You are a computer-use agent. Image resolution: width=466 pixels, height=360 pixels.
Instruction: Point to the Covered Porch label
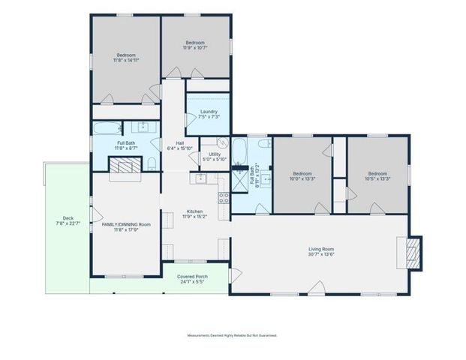pos(192,278)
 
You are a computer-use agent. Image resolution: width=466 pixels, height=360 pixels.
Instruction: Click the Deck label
pos(67,221)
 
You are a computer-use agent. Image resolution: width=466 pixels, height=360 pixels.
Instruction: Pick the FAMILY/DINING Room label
pos(126,226)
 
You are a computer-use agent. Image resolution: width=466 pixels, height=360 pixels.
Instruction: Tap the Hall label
pos(180,145)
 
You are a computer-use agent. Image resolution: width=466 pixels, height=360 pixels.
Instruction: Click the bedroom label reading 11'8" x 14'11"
pos(126,57)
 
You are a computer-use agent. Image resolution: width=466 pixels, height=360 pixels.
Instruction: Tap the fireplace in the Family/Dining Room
pos(125,173)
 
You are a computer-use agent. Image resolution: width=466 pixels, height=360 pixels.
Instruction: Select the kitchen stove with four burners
pos(224,198)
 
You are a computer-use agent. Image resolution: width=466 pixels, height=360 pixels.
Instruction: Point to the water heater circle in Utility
pos(222,142)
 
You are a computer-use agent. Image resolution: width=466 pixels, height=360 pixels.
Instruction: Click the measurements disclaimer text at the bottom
pos(232,335)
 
